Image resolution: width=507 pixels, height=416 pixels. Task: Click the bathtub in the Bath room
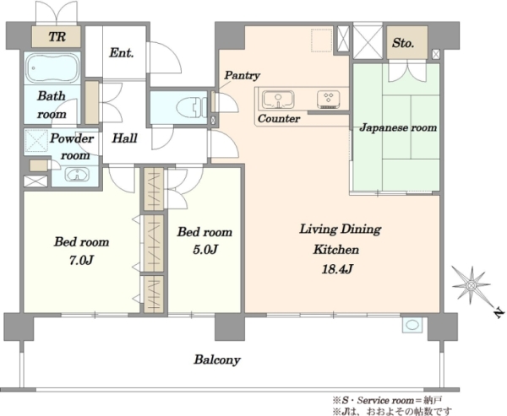point(52,68)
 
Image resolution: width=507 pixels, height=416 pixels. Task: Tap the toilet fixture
point(192,106)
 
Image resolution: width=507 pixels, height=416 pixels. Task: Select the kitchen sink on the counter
point(278,100)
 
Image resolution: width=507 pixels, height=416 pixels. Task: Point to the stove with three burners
point(329,100)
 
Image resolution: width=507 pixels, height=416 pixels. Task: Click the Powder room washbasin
point(78,175)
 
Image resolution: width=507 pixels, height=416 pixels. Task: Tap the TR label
point(57,36)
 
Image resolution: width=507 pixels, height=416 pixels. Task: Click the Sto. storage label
point(403,43)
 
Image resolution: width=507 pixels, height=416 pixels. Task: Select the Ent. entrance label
point(122,52)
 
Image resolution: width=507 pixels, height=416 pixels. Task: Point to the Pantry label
point(243,76)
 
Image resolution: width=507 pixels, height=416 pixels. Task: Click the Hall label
point(124,138)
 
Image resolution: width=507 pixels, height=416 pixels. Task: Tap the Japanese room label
point(398,127)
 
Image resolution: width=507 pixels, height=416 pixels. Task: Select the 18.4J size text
point(336,268)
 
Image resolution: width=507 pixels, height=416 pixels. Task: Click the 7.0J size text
point(81,260)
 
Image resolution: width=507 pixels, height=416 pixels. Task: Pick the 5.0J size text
point(205,249)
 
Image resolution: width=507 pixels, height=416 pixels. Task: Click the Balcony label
point(217,359)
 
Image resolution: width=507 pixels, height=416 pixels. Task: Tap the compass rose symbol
point(472,285)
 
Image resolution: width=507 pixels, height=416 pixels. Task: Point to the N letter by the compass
point(499,313)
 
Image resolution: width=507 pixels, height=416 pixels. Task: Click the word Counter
point(279,118)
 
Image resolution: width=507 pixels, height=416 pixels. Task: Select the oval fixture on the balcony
point(412,325)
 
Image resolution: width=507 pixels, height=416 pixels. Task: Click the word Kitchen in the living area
point(336,250)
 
